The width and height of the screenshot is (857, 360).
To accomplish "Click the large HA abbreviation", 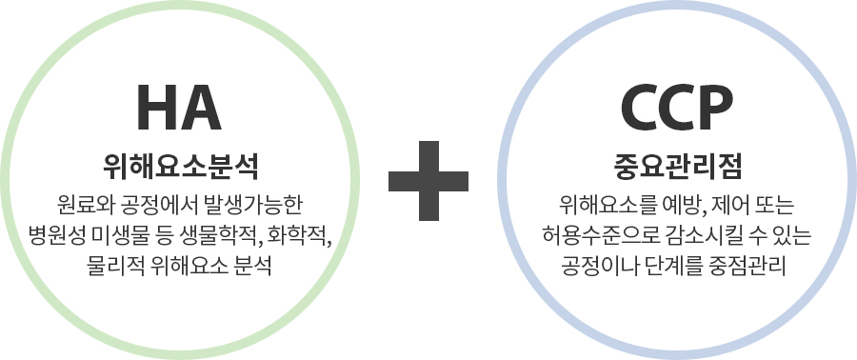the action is (179, 108).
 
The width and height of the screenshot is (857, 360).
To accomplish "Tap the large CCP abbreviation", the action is (677, 108).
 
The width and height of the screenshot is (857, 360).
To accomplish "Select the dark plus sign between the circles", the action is (428, 181).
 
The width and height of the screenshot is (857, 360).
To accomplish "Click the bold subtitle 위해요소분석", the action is (180, 169).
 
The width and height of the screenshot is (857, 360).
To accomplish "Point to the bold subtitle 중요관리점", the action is (677, 169).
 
